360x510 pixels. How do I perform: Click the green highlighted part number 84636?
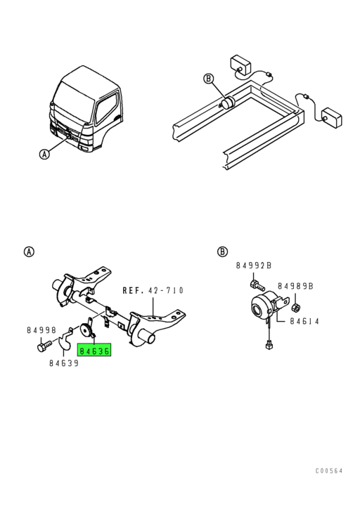(94, 351)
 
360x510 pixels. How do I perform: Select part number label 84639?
(64, 363)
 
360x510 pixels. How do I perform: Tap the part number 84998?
(41, 330)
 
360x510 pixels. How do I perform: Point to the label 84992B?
(254, 266)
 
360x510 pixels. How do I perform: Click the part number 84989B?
(295, 286)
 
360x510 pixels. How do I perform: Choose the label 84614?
(304, 321)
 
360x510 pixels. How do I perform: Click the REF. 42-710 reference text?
(153, 290)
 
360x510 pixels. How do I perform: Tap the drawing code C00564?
(329, 471)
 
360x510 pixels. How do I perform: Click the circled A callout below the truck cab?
(44, 154)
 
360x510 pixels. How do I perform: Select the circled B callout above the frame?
(209, 79)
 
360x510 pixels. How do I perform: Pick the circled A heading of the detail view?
(29, 251)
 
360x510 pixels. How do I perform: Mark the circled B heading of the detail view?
(222, 251)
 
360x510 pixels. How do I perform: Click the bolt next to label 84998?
(44, 346)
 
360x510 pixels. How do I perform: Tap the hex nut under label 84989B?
(295, 307)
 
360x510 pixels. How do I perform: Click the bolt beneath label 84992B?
(257, 285)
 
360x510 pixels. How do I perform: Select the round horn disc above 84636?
(86, 332)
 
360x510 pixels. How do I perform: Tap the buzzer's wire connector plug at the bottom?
(269, 345)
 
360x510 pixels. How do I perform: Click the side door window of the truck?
(106, 107)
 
